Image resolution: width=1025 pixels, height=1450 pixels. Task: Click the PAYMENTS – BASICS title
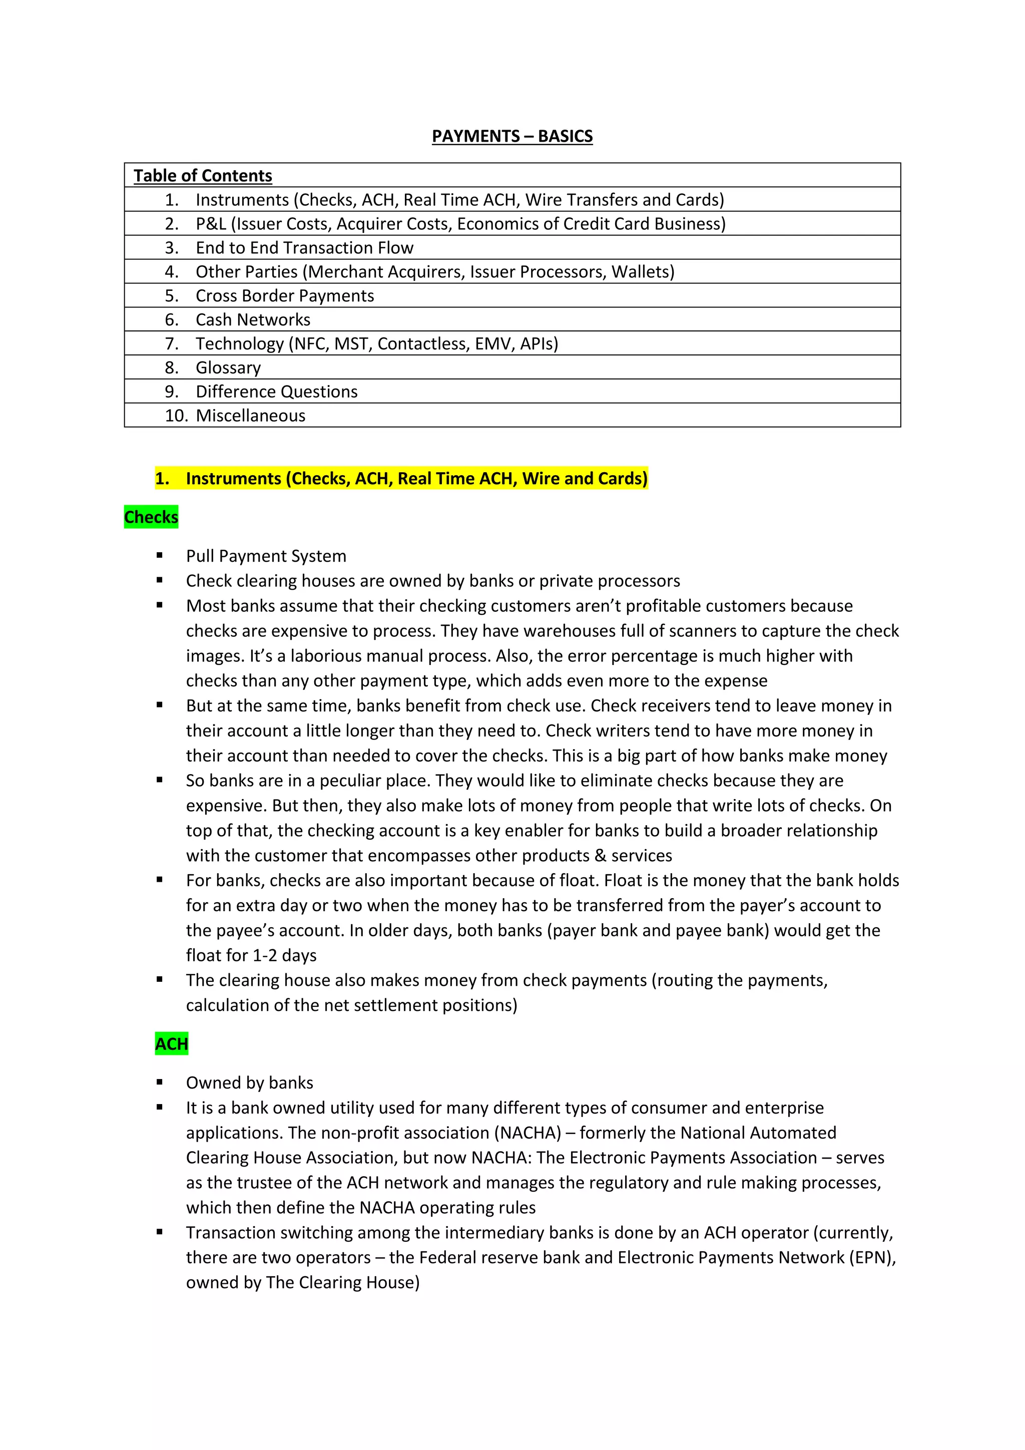(512, 136)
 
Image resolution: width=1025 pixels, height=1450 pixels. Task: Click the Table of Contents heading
(203, 176)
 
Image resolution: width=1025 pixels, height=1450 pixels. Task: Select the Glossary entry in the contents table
(228, 368)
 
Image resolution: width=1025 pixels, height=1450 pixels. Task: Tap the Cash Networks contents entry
(252, 319)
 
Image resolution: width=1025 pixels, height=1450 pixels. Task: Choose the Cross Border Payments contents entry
(285, 295)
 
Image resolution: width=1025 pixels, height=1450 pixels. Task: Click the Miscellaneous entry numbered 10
(251, 416)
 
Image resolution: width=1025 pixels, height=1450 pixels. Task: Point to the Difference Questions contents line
(276, 392)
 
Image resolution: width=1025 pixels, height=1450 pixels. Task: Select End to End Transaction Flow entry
(304, 247)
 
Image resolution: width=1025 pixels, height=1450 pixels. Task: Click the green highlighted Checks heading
(152, 517)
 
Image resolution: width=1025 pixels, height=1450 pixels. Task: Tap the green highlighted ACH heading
(172, 1044)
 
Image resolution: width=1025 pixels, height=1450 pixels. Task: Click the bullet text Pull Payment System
(266, 556)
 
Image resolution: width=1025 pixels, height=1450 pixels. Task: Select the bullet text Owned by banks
(249, 1082)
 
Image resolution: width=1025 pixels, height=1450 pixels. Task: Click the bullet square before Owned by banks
(160, 1082)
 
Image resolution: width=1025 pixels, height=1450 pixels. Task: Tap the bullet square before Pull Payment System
(160, 555)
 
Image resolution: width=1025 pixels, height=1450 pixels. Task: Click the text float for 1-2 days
(251, 955)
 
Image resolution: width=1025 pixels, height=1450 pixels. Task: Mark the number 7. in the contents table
(172, 343)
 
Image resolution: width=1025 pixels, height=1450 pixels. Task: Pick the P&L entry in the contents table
(460, 224)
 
